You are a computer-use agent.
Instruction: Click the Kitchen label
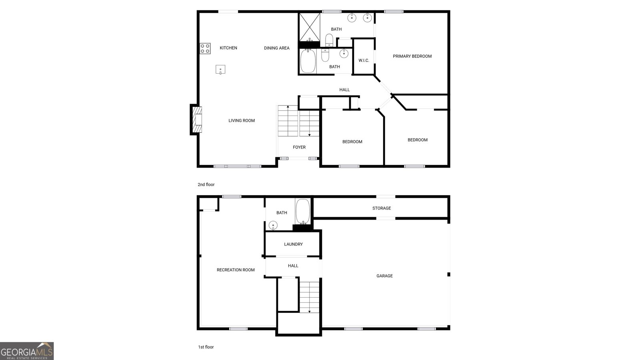228,48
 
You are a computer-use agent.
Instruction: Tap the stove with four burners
205,48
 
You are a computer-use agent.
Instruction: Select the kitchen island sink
220,70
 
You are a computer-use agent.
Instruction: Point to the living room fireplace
196,120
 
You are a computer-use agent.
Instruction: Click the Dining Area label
276,48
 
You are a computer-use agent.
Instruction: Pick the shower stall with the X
310,26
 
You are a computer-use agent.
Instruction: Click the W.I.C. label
364,60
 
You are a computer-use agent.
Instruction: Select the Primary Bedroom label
412,56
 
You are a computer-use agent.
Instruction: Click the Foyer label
299,147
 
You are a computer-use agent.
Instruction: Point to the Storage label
382,208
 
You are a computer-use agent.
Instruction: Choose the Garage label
384,276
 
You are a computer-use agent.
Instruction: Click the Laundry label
293,244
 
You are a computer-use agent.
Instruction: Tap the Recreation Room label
236,270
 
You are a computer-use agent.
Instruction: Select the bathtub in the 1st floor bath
302,212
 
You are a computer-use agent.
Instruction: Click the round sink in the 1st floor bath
273,225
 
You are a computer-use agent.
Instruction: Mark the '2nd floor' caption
206,185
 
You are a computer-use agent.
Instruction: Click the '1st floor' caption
206,347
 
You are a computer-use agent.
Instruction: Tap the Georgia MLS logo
27,351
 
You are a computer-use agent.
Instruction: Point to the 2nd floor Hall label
344,90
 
